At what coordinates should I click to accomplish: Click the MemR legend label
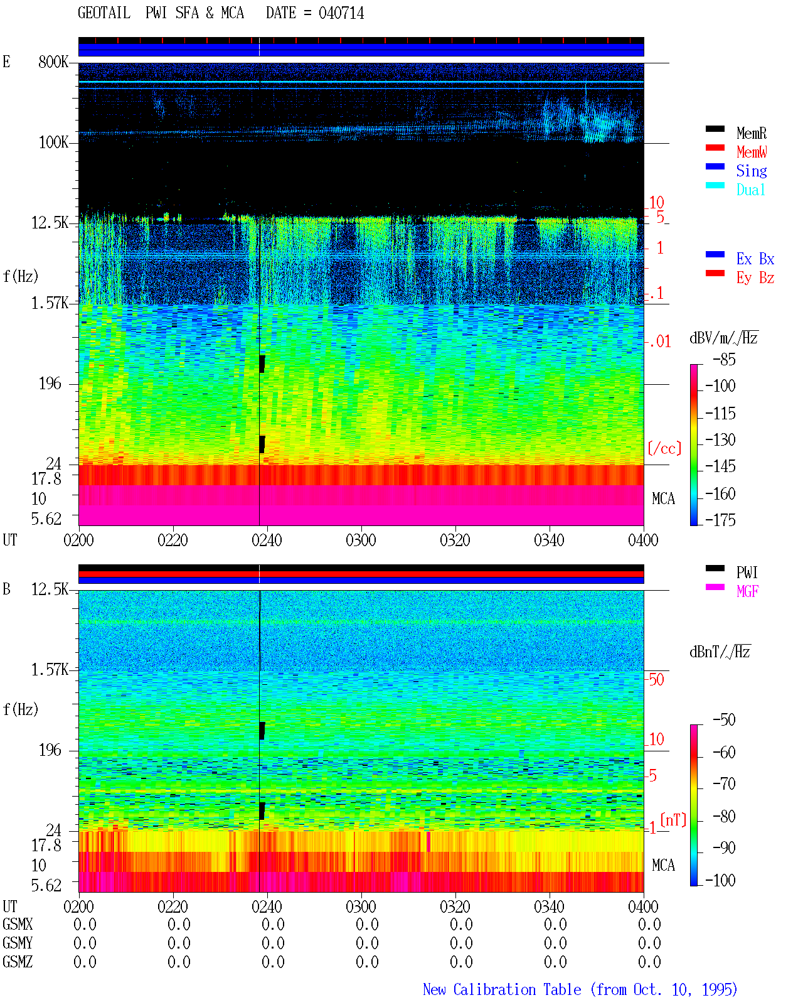click(x=751, y=133)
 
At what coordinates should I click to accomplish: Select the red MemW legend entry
click(x=752, y=152)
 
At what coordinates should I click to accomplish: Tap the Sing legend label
click(x=752, y=171)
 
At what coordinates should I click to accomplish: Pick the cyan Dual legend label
click(x=750, y=190)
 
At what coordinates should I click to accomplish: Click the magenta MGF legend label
click(x=747, y=591)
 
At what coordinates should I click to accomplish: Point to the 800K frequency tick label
click(x=53, y=62)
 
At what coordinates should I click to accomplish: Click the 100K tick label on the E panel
click(x=53, y=142)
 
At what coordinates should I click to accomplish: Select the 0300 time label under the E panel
click(x=361, y=540)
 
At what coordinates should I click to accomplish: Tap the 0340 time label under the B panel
click(x=549, y=906)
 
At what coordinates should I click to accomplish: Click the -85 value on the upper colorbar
click(x=724, y=359)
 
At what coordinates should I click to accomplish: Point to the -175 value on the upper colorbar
click(x=720, y=520)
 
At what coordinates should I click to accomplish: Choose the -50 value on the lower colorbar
click(x=724, y=720)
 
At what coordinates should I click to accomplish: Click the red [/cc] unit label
click(x=664, y=448)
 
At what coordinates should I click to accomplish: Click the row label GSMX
click(x=18, y=924)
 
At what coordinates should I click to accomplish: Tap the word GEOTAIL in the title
click(x=104, y=13)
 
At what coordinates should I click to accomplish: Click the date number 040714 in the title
click(x=341, y=13)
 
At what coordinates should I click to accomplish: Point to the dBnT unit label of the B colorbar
click(x=720, y=652)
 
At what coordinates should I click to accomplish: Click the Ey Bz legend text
click(x=755, y=277)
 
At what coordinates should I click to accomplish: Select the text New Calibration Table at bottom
click(x=502, y=989)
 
